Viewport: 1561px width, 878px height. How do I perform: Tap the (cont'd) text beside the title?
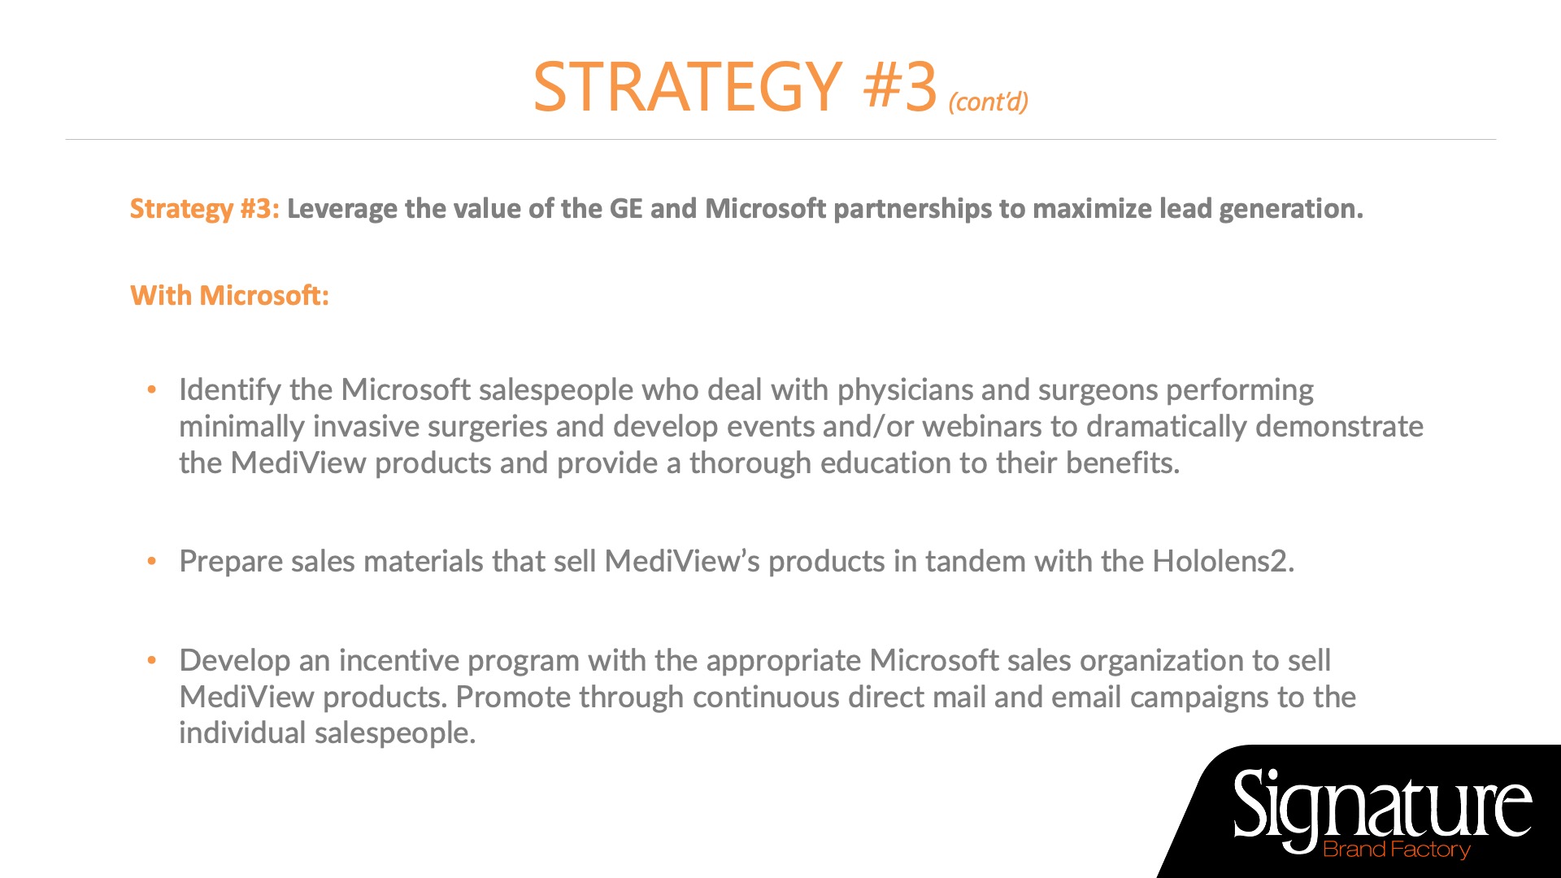pyautogui.click(x=988, y=102)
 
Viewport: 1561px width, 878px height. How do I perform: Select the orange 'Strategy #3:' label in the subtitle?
pyautogui.click(x=205, y=209)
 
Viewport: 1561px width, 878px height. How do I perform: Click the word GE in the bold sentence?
pyautogui.click(x=626, y=208)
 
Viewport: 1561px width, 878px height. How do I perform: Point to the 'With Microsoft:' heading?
pyautogui.click(x=230, y=295)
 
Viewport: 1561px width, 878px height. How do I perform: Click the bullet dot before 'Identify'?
pyautogui.click(x=151, y=390)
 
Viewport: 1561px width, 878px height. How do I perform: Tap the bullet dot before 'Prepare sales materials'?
pyautogui.click(x=151, y=562)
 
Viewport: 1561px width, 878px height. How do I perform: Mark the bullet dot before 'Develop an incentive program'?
pyautogui.click(x=151, y=661)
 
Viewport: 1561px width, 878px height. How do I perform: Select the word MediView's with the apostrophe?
pyautogui.click(x=682, y=561)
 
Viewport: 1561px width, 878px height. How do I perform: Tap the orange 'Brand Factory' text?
pyautogui.click(x=1397, y=850)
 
